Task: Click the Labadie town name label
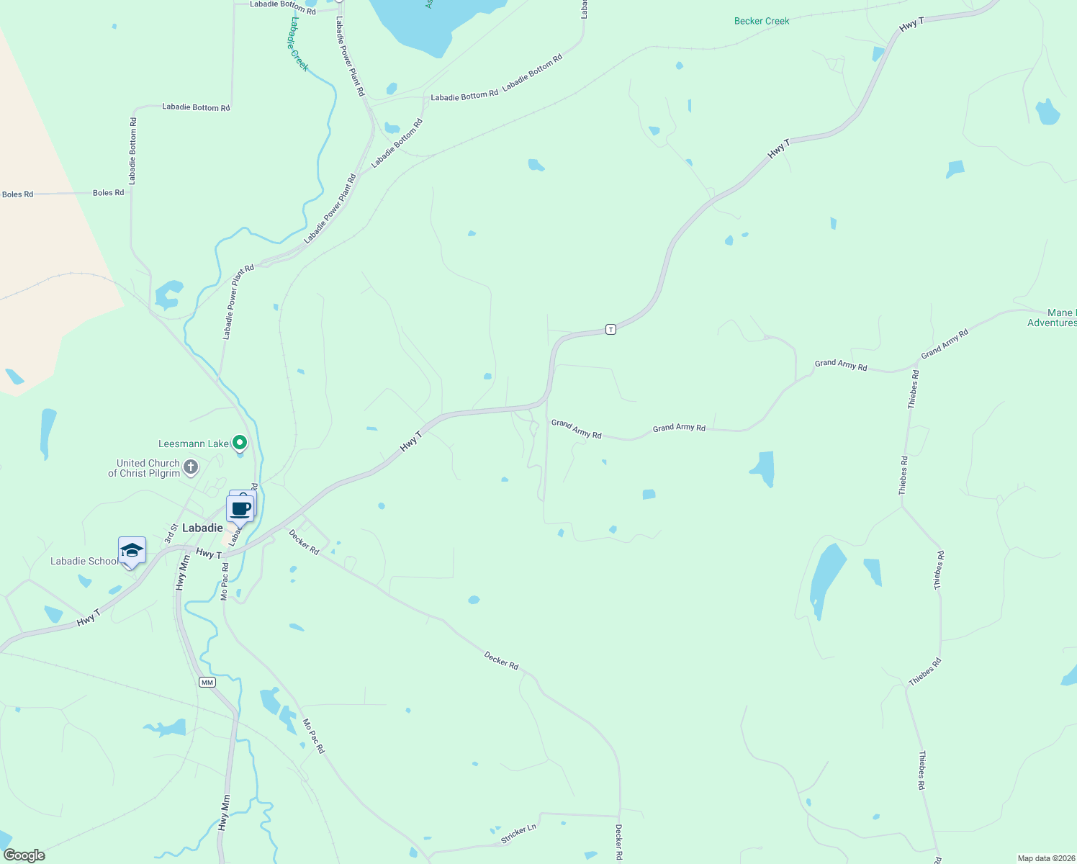(202, 528)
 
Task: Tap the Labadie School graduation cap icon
(132, 551)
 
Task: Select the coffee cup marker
(240, 509)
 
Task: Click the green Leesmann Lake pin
(240, 443)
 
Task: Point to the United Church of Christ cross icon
(191, 467)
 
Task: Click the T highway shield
(610, 329)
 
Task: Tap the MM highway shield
(207, 682)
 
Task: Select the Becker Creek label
(762, 21)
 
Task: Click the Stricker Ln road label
(519, 834)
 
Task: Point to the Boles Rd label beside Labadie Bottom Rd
(109, 193)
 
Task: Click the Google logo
(24, 855)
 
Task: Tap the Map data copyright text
(1045, 858)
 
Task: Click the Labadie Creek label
(299, 44)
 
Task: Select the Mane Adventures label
(1052, 318)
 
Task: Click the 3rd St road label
(171, 534)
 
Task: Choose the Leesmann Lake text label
(193, 444)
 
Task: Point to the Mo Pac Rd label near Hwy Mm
(225, 582)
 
